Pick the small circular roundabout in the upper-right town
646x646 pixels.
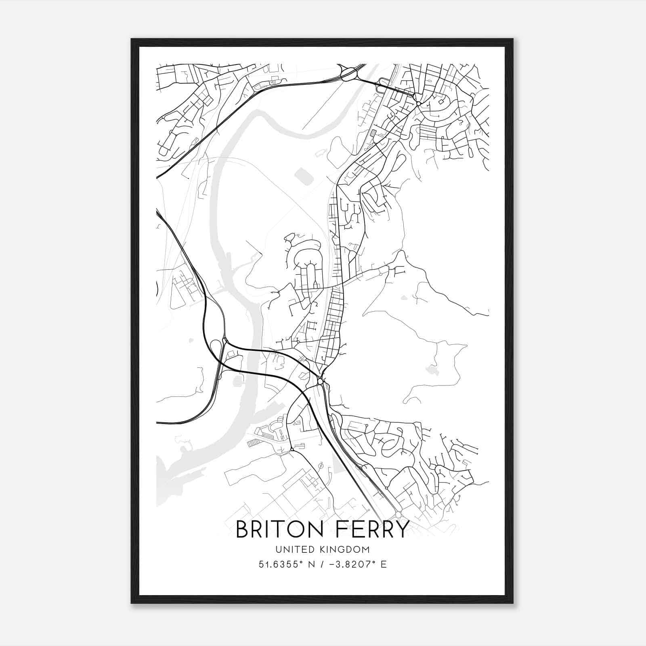(x=419, y=104)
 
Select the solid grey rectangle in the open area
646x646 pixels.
(x=304, y=176)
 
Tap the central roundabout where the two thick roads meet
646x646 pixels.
(x=320, y=381)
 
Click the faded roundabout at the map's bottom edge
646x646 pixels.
(x=399, y=514)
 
